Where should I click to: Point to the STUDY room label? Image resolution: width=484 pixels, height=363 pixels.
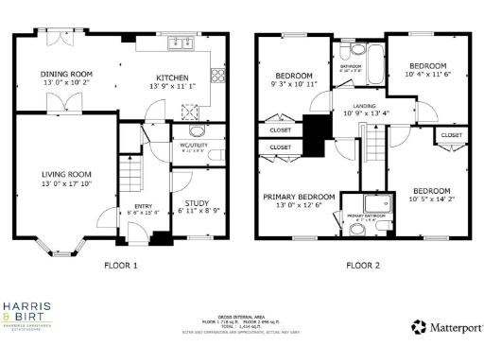(198, 202)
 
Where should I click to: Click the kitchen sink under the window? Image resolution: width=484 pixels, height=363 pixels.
(177, 43)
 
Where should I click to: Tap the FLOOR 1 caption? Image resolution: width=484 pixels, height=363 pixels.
(120, 266)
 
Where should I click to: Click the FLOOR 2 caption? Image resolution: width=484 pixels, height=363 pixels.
(362, 266)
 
